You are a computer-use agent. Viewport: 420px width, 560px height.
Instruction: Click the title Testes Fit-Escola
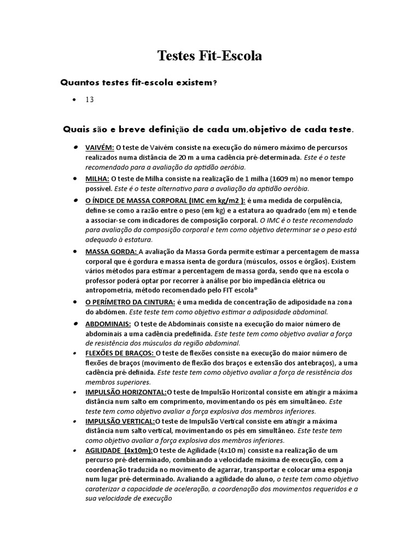click(210, 56)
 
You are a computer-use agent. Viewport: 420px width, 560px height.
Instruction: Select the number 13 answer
click(90, 100)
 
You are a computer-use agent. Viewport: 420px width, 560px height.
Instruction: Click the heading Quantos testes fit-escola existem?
click(138, 83)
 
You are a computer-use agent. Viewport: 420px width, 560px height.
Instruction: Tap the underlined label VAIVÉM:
click(100, 148)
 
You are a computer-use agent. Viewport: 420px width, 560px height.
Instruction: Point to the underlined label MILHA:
click(97, 178)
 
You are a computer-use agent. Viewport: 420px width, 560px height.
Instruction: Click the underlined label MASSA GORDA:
click(111, 252)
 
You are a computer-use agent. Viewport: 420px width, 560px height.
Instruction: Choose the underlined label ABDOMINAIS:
click(108, 324)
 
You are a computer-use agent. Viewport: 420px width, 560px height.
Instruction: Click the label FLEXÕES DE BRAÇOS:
click(120, 353)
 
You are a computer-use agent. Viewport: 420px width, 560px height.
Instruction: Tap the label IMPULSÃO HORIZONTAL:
click(126, 392)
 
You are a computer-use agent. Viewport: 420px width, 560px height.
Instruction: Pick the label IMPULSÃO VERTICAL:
click(120, 421)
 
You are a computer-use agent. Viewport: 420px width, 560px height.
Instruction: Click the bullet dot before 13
click(73, 101)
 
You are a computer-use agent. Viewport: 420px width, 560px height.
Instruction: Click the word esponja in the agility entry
click(339, 470)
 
